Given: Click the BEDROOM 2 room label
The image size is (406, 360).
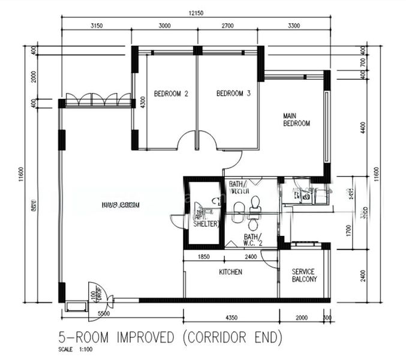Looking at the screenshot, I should click(x=171, y=94).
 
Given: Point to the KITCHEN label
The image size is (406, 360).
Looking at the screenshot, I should click(x=230, y=272).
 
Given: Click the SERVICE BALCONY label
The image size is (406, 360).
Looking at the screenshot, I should click(x=303, y=275).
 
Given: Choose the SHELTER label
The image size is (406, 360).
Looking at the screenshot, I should click(x=206, y=224).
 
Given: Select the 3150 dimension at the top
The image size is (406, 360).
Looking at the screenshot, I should click(x=97, y=26).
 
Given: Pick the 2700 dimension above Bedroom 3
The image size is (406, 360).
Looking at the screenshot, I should click(x=228, y=26).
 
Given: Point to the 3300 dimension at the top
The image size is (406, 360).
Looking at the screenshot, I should click(x=294, y=26).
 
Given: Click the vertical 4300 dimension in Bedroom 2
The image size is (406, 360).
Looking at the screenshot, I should click(x=143, y=102).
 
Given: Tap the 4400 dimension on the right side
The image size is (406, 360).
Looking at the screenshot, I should click(x=362, y=127).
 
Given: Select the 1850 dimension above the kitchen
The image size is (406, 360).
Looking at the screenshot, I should click(x=203, y=257).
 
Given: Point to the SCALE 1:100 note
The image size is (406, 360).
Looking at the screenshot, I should click(x=73, y=350).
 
